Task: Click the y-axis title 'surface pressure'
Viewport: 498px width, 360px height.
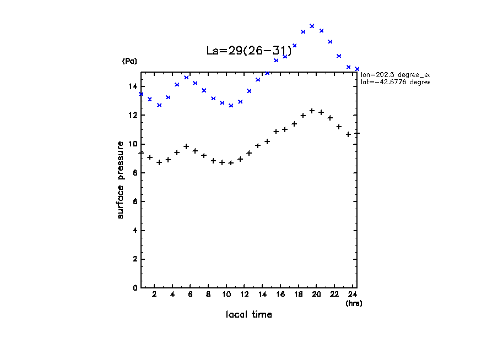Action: coord(120,179)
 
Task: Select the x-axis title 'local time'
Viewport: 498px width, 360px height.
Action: coord(248,315)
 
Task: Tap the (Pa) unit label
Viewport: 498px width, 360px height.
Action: coord(129,61)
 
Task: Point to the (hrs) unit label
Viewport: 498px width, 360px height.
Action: coord(354,303)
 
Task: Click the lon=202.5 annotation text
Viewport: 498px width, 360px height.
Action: coord(394,74)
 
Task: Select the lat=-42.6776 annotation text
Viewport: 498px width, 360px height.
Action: coord(394,82)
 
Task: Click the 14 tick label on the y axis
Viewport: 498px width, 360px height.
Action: coord(133,86)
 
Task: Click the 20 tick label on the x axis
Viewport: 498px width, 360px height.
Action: coord(316,294)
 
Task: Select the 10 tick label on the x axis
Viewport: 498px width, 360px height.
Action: coord(226,294)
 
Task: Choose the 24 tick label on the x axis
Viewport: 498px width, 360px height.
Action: coord(352,294)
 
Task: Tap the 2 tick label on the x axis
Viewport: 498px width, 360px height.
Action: coord(155,294)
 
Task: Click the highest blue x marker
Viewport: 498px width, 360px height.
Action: coord(312,26)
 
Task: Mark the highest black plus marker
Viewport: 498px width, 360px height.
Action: coord(312,111)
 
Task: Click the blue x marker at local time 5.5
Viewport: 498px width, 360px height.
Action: coord(186,78)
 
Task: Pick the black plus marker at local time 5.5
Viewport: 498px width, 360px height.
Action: coord(186,146)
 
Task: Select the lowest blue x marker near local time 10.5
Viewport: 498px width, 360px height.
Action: coord(231,105)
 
